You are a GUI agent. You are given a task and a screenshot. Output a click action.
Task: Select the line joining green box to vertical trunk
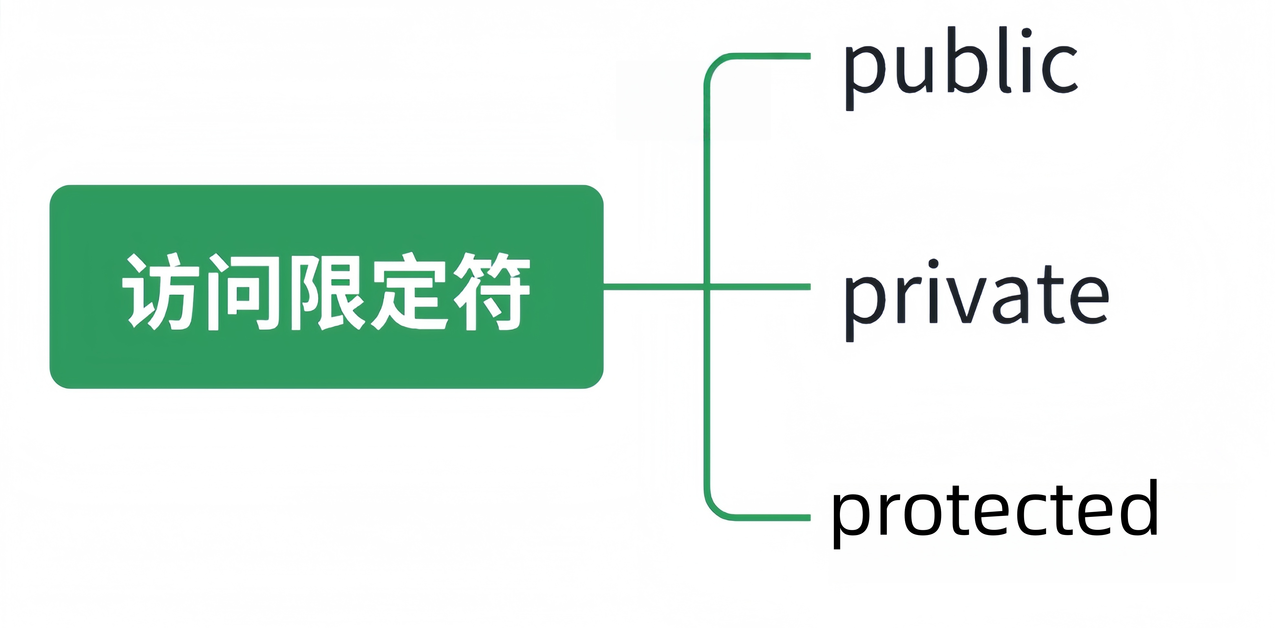(x=653, y=286)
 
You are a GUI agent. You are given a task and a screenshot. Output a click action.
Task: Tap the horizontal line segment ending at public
(x=772, y=56)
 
